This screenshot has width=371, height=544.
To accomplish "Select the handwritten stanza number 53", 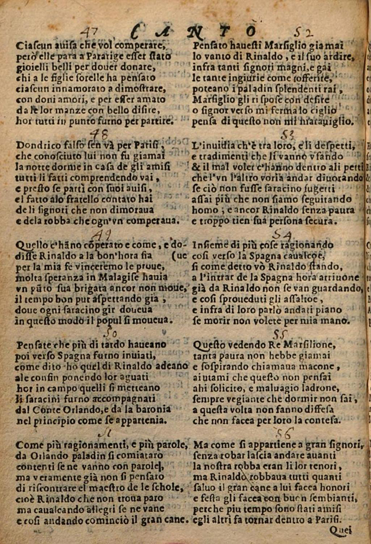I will pos(287,136).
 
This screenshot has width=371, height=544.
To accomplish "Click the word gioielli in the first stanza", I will pos(34,67).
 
